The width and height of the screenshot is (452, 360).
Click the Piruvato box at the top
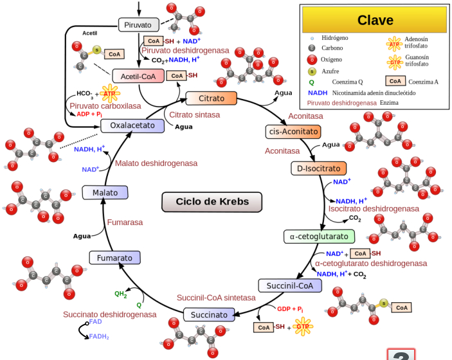138,24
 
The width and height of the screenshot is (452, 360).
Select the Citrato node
211,98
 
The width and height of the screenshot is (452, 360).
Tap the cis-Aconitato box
293,131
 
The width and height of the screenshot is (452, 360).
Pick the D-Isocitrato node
318,168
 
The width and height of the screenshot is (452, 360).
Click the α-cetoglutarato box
319,237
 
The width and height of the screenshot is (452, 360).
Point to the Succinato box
209,315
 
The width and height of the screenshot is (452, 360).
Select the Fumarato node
114,258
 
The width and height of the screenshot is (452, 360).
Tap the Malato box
105,192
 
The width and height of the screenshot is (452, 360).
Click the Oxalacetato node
132,125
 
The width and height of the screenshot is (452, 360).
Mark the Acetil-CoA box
138,76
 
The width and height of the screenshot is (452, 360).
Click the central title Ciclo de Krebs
212,202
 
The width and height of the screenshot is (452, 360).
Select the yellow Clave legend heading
374,20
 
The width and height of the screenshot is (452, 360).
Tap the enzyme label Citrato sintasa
194,114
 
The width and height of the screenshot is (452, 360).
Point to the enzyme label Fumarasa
125,222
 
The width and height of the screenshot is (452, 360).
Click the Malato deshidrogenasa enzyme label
156,163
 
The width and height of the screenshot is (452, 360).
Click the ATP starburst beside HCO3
109,94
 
